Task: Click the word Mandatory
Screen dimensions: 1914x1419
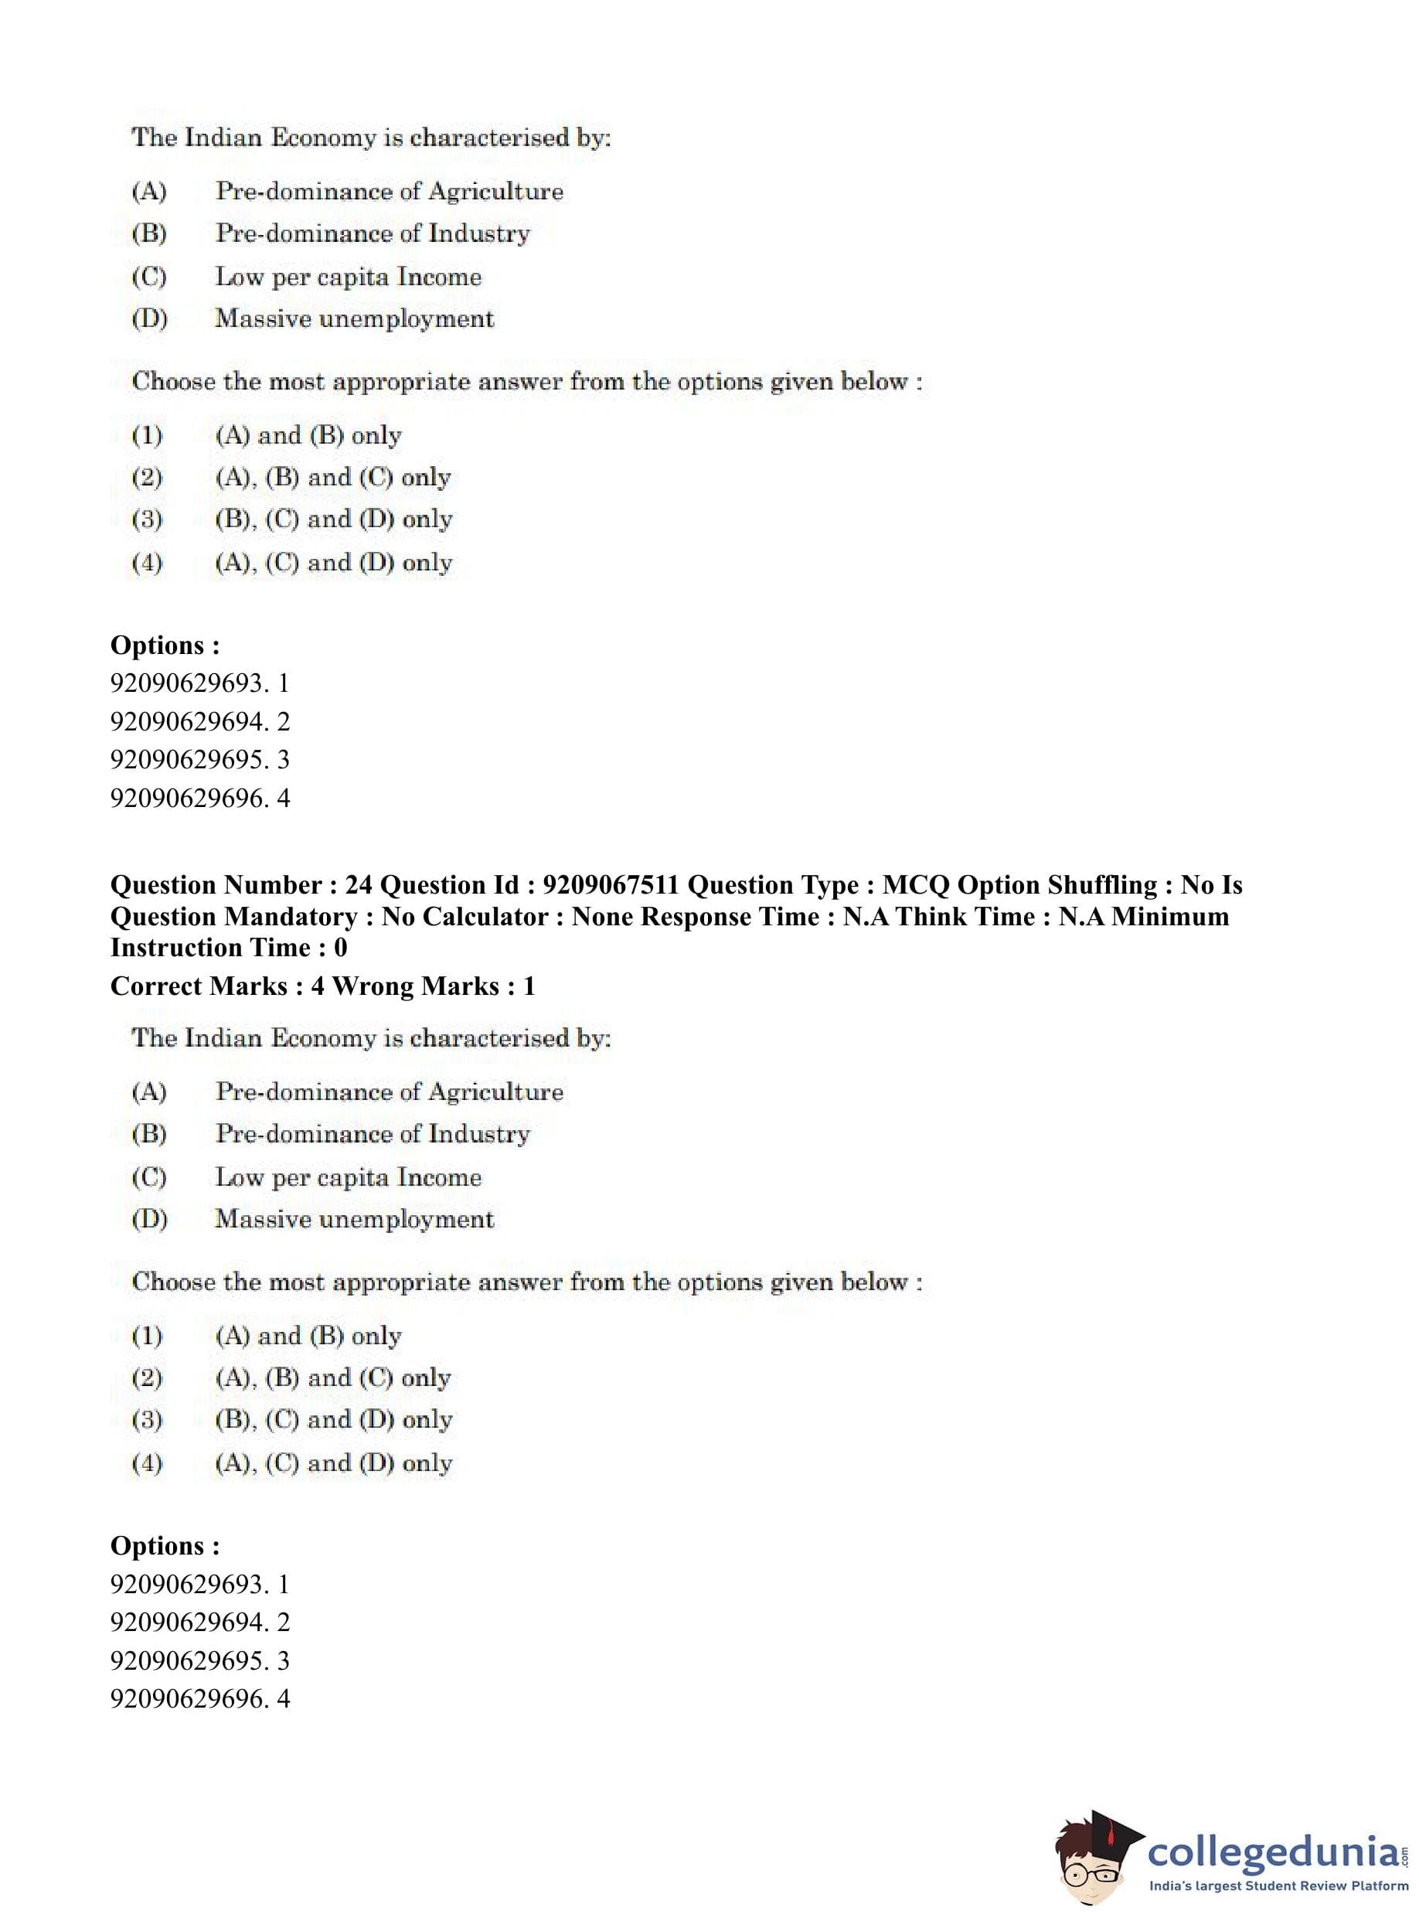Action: click(x=291, y=917)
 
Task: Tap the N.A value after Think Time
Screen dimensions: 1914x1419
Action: click(x=1080, y=917)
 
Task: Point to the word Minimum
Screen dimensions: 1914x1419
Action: click(x=1170, y=917)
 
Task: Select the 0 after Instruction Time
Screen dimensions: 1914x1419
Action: click(x=340, y=948)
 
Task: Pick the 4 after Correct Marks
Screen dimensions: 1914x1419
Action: click(x=318, y=986)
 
